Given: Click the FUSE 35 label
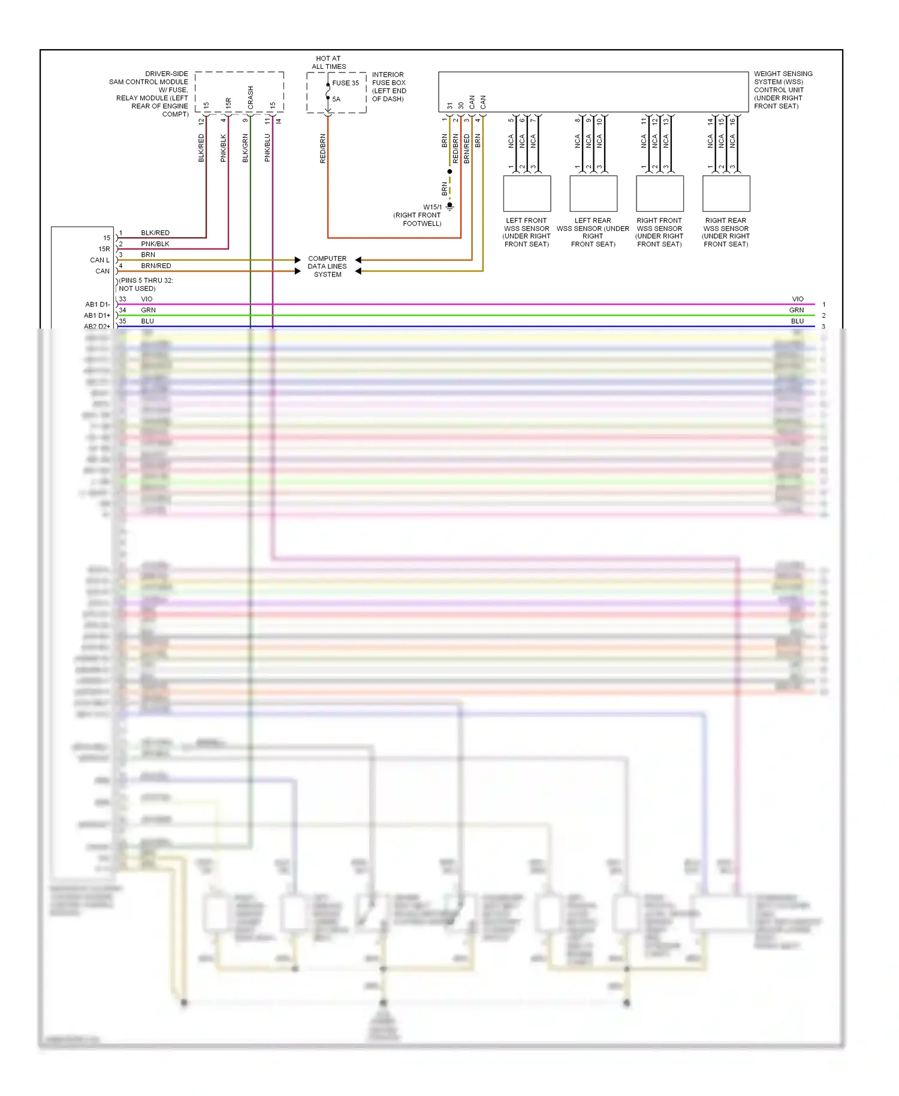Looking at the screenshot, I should (x=345, y=83).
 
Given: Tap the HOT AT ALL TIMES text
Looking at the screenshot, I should (x=328, y=62).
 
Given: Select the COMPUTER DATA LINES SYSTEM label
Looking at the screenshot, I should (x=327, y=266).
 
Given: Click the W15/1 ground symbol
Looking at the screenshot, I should (x=450, y=206).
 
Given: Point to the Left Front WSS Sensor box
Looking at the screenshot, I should (x=527, y=193).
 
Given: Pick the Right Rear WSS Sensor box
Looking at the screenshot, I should (x=726, y=193).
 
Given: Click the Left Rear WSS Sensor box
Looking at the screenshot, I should (x=593, y=193).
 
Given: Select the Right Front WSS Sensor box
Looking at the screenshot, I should (x=659, y=193).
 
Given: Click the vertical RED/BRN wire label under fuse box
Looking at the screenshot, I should (x=323, y=148).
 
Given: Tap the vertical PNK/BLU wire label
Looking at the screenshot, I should (x=267, y=147).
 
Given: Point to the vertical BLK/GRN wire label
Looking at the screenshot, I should (x=245, y=147).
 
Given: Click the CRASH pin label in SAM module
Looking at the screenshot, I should (x=251, y=98).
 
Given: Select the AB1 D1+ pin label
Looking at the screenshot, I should (x=96, y=315).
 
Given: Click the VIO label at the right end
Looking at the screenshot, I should (x=797, y=299).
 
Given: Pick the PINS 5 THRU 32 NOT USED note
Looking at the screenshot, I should (x=146, y=284).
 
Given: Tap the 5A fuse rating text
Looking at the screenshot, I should (x=336, y=99).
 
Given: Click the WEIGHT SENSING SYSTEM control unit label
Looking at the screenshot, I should (x=783, y=90).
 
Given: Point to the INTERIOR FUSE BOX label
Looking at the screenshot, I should (x=388, y=87).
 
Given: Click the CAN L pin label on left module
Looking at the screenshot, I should (x=99, y=260).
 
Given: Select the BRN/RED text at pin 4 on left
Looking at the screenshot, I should (x=156, y=266).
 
